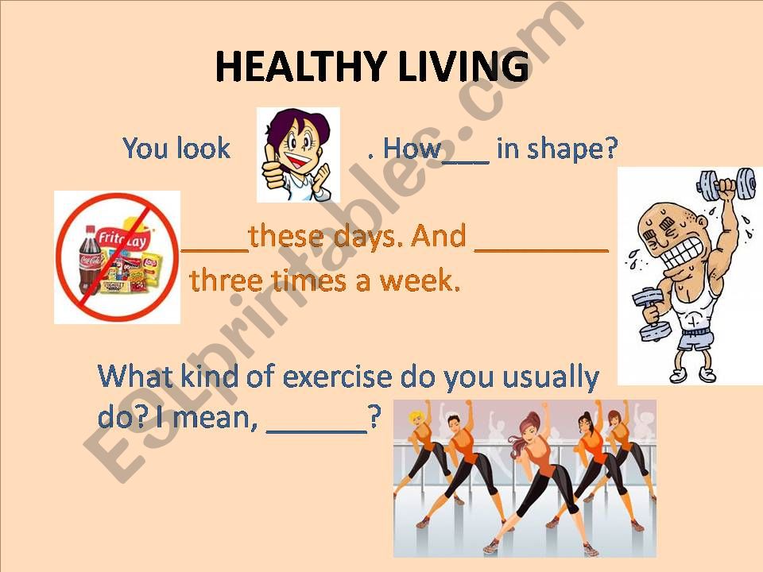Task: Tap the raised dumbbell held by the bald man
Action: (x=726, y=185)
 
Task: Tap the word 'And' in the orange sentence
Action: (x=439, y=236)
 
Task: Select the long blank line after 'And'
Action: (x=541, y=250)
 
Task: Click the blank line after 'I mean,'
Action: (x=317, y=431)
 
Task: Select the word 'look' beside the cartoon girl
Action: (x=203, y=148)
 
